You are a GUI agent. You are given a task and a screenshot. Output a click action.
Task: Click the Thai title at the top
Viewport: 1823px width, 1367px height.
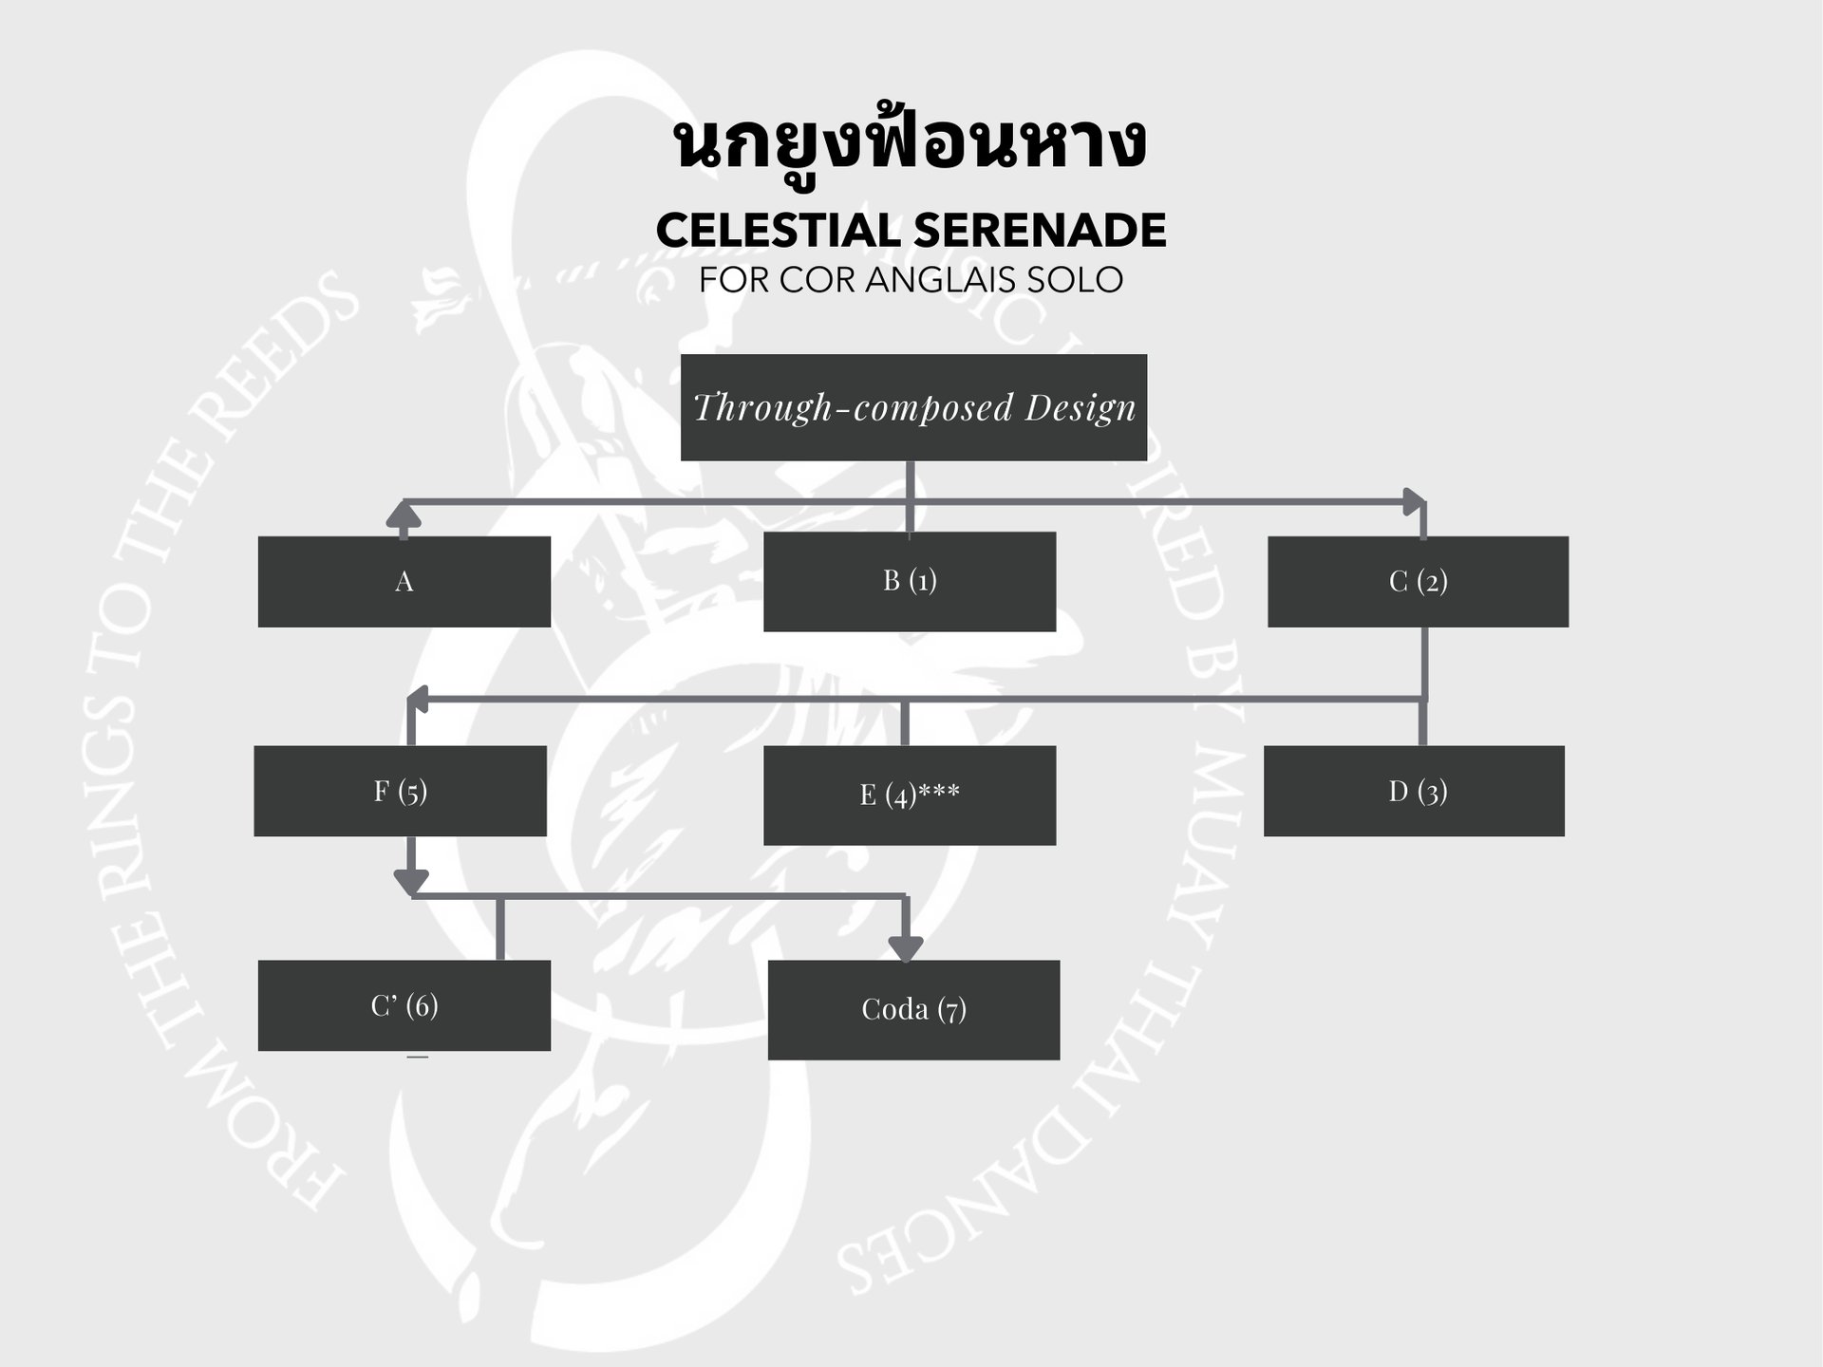(x=910, y=144)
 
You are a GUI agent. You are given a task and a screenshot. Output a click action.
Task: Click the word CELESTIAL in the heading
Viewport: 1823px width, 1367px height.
(x=778, y=231)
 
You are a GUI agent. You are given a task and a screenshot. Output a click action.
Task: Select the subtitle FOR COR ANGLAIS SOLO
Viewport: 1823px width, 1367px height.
(x=911, y=280)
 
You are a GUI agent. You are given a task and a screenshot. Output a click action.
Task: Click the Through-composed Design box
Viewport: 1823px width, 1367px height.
(x=913, y=407)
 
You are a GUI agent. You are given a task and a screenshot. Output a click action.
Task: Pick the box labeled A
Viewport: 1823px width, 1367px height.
(x=404, y=581)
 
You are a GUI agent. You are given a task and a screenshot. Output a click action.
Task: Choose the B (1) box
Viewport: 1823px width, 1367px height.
(x=909, y=581)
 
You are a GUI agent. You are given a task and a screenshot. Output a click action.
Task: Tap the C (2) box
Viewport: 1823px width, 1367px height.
(x=1418, y=581)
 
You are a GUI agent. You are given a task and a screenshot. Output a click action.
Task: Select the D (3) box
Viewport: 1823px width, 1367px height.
(x=1414, y=791)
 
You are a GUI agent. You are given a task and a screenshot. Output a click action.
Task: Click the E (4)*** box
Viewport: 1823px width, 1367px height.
(x=909, y=795)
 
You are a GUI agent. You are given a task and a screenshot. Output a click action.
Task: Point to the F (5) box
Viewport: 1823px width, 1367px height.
(x=400, y=791)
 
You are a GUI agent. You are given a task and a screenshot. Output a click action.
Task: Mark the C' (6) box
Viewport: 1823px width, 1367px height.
(x=404, y=1005)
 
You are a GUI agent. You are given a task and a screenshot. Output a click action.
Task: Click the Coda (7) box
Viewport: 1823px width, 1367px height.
(x=913, y=1009)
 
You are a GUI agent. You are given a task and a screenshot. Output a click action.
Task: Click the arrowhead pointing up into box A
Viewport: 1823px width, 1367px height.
(x=404, y=515)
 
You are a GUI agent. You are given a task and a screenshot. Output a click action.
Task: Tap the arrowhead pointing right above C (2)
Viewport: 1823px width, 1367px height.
(x=1415, y=501)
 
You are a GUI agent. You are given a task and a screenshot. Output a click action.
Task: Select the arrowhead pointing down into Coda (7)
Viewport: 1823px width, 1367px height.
(x=905, y=947)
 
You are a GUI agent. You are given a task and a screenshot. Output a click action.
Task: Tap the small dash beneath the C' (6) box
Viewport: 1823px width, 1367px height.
(x=417, y=1057)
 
